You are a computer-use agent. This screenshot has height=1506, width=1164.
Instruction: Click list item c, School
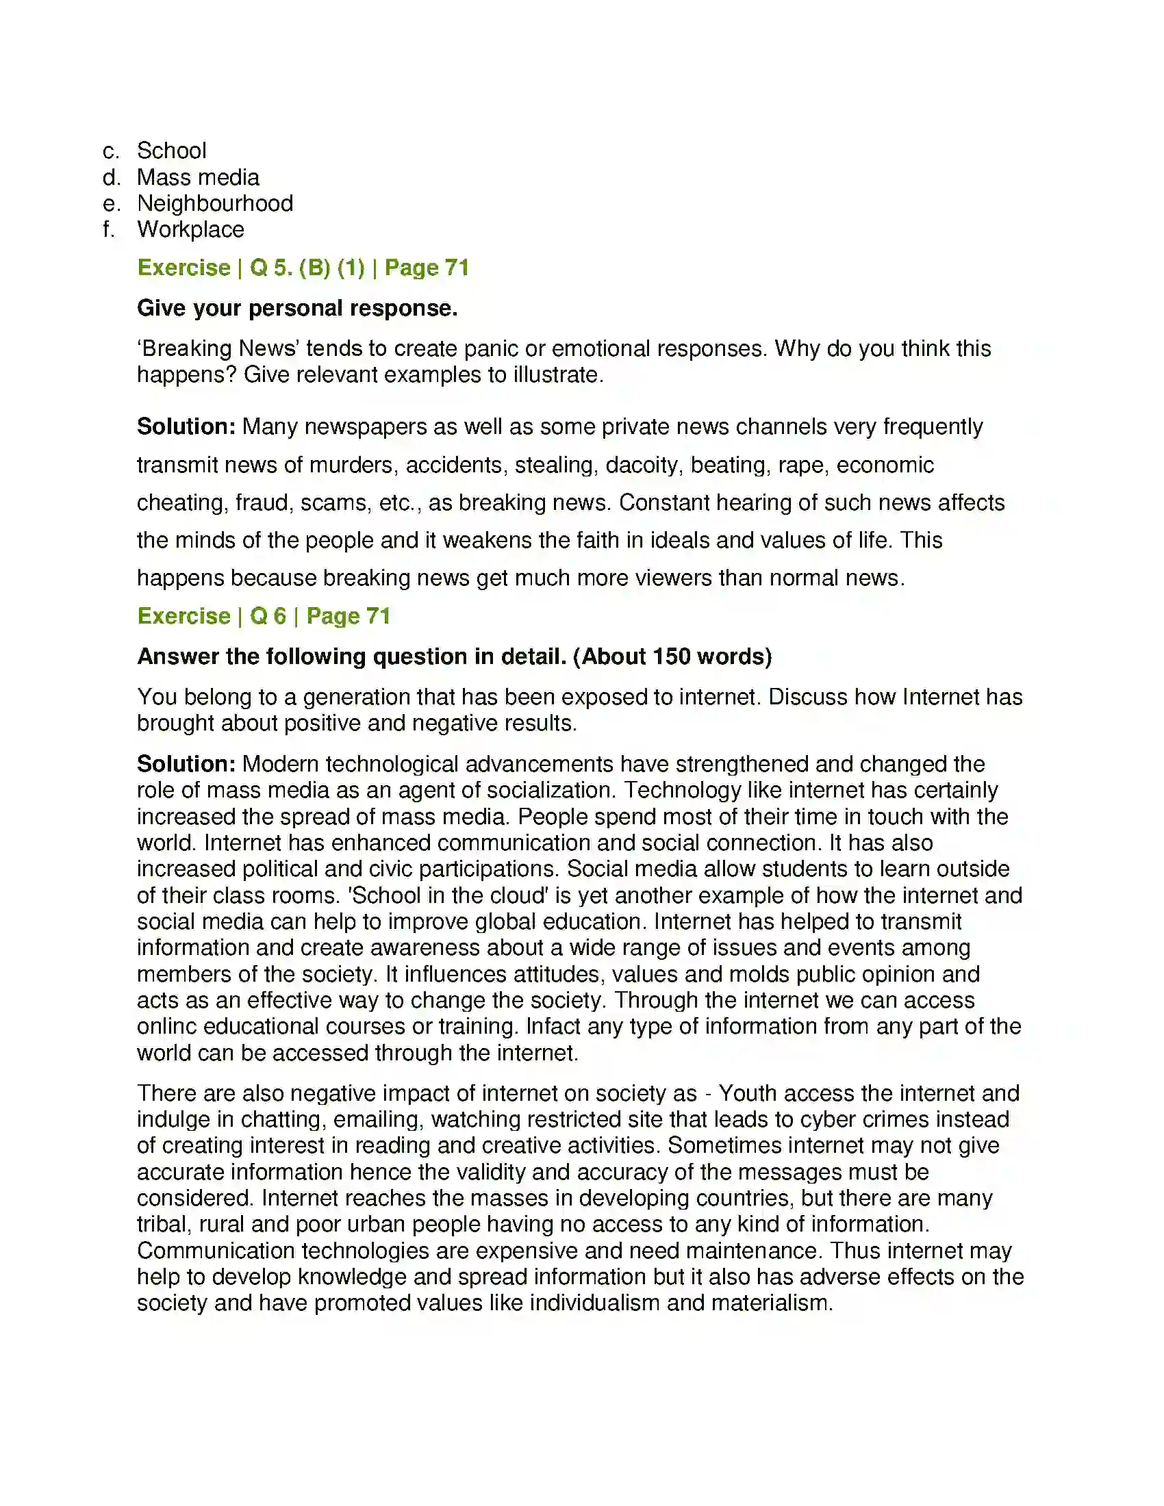point(171,151)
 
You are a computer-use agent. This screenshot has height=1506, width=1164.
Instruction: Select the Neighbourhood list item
point(214,203)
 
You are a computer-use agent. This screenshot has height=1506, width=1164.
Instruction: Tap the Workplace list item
point(190,229)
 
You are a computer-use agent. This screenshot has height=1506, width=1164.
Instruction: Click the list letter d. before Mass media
point(110,177)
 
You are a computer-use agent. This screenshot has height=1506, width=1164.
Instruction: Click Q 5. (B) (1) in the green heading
point(307,268)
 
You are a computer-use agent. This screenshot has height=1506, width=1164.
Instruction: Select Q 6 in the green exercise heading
point(268,616)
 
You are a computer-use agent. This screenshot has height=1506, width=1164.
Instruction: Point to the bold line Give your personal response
point(297,308)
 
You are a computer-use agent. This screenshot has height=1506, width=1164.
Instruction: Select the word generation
point(359,697)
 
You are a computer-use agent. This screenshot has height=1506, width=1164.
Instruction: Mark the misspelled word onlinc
point(166,1027)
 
